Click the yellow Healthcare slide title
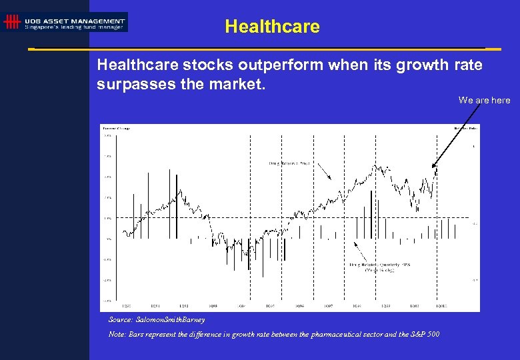272,27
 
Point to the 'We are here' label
484,100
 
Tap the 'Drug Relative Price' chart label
289,163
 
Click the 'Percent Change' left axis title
115,127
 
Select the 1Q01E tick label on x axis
441,306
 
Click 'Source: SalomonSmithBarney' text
156,319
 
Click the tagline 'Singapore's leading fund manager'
73,27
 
